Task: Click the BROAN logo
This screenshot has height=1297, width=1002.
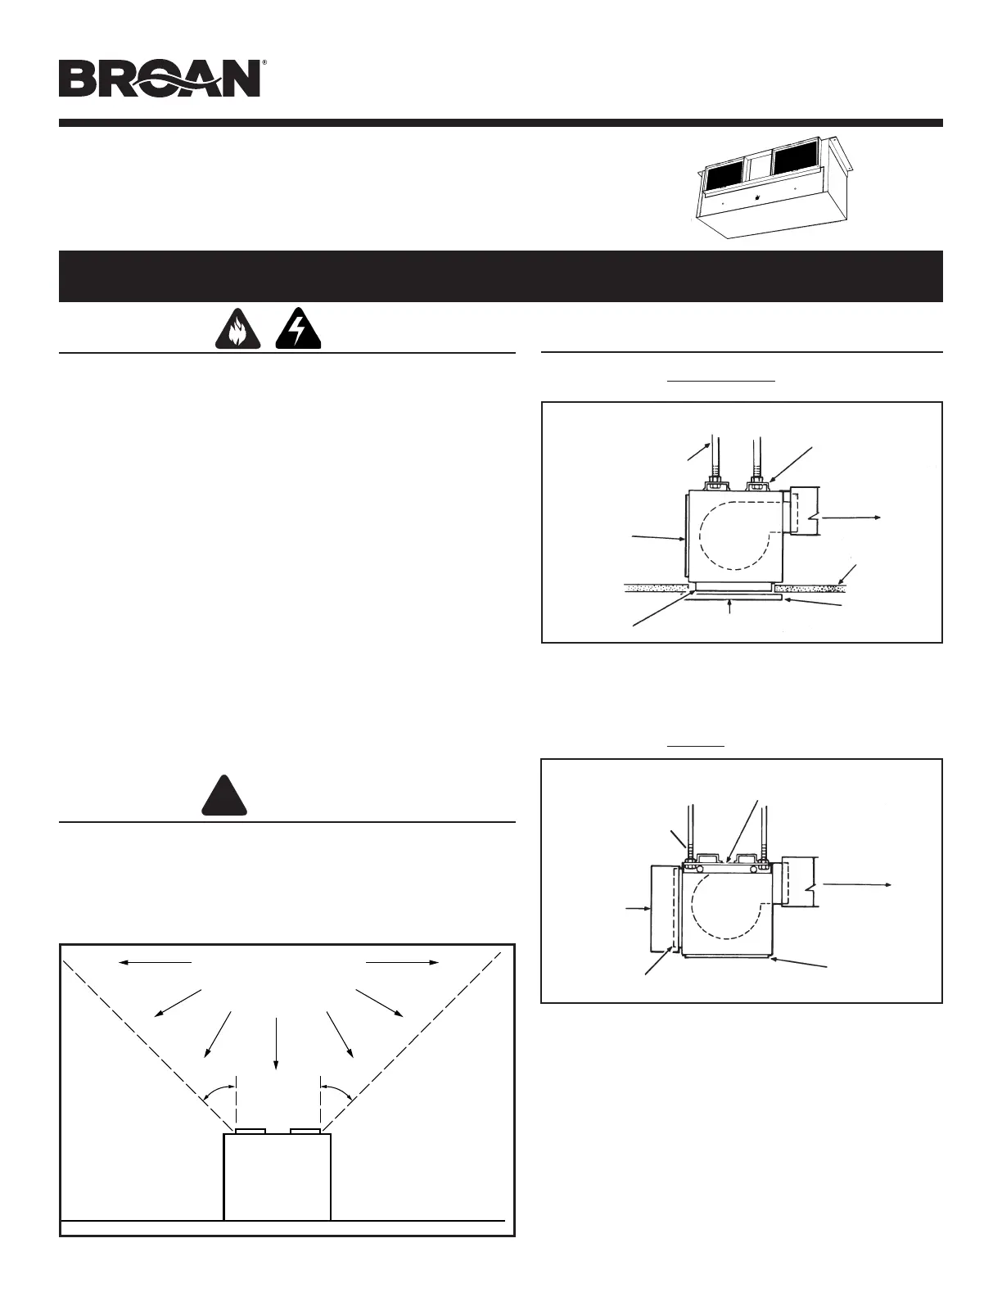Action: (x=160, y=79)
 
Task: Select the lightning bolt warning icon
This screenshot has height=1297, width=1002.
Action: (x=297, y=332)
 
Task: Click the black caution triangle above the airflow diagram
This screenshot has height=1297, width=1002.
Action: (x=224, y=794)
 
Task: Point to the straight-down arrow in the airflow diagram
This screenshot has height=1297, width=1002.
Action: (x=276, y=1043)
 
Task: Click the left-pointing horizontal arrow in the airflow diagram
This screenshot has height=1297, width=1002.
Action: (x=156, y=963)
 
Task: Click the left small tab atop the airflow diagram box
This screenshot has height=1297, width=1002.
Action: (x=250, y=1131)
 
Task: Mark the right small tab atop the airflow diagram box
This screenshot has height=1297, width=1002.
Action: (x=305, y=1131)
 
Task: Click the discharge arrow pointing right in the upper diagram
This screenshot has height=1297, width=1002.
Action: (x=851, y=517)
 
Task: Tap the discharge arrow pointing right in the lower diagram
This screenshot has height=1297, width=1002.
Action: (x=857, y=884)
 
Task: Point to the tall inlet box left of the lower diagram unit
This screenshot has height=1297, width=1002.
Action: (x=661, y=908)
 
